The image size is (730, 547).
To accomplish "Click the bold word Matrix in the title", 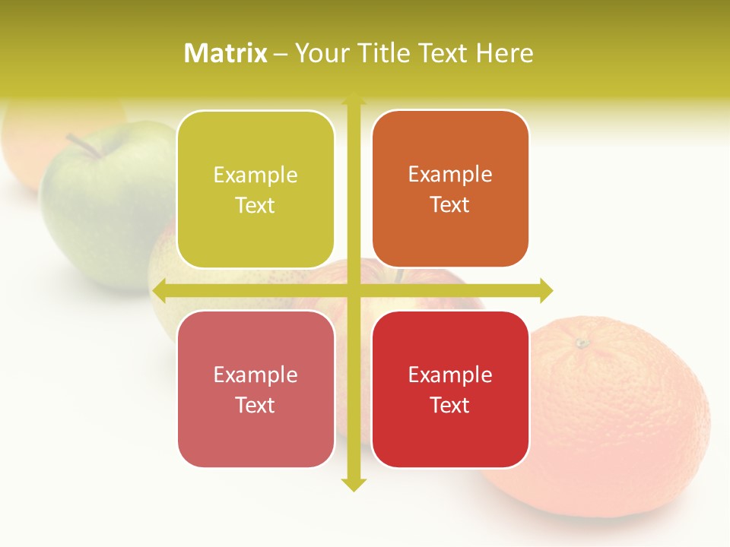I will [x=226, y=53].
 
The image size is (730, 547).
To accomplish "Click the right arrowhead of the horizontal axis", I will [x=545, y=290].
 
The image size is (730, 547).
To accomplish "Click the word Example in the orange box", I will [x=450, y=175].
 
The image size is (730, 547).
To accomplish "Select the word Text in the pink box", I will [x=255, y=405].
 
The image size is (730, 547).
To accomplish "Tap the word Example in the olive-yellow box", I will [x=255, y=175].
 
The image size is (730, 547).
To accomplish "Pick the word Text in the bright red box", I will [x=450, y=405].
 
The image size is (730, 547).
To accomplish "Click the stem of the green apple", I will [x=83, y=146].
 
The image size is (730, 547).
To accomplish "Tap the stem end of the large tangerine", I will [x=582, y=343].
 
